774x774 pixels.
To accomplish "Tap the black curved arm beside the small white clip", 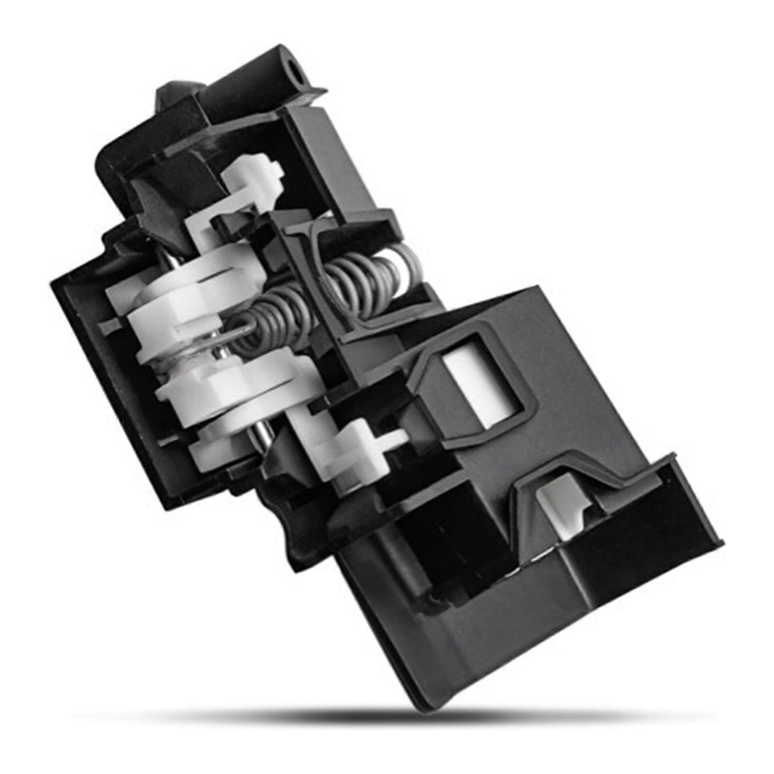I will point(160,203).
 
